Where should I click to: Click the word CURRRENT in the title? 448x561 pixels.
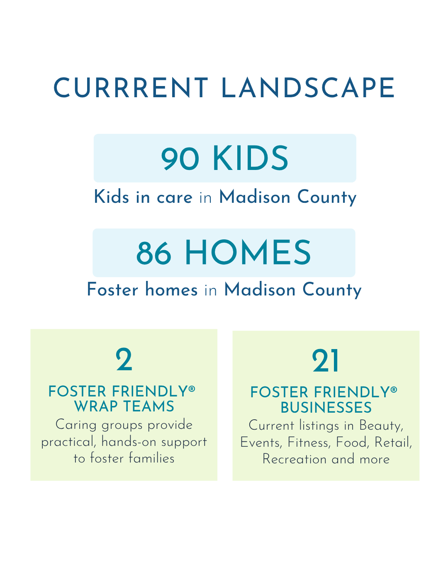pyautogui.click(x=130, y=88)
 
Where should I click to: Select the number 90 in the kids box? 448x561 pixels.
pyautogui.click(x=180, y=159)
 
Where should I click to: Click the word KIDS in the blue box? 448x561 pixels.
pyautogui.click(x=251, y=158)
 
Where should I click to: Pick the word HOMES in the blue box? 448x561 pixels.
pyautogui.click(x=248, y=253)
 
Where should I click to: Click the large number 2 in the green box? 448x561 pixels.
pyautogui.click(x=124, y=359)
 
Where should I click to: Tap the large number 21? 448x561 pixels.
pyautogui.click(x=325, y=361)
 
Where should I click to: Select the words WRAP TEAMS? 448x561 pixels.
pyautogui.click(x=124, y=406)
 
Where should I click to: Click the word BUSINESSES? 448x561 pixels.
pyautogui.click(x=326, y=407)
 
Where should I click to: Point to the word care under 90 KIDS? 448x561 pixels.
pyautogui.click(x=174, y=198)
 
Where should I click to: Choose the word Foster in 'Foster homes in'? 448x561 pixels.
pyautogui.click(x=112, y=289)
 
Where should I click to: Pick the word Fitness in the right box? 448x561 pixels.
pyautogui.click(x=309, y=443)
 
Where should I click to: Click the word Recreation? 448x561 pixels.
pyautogui.click(x=295, y=459)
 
